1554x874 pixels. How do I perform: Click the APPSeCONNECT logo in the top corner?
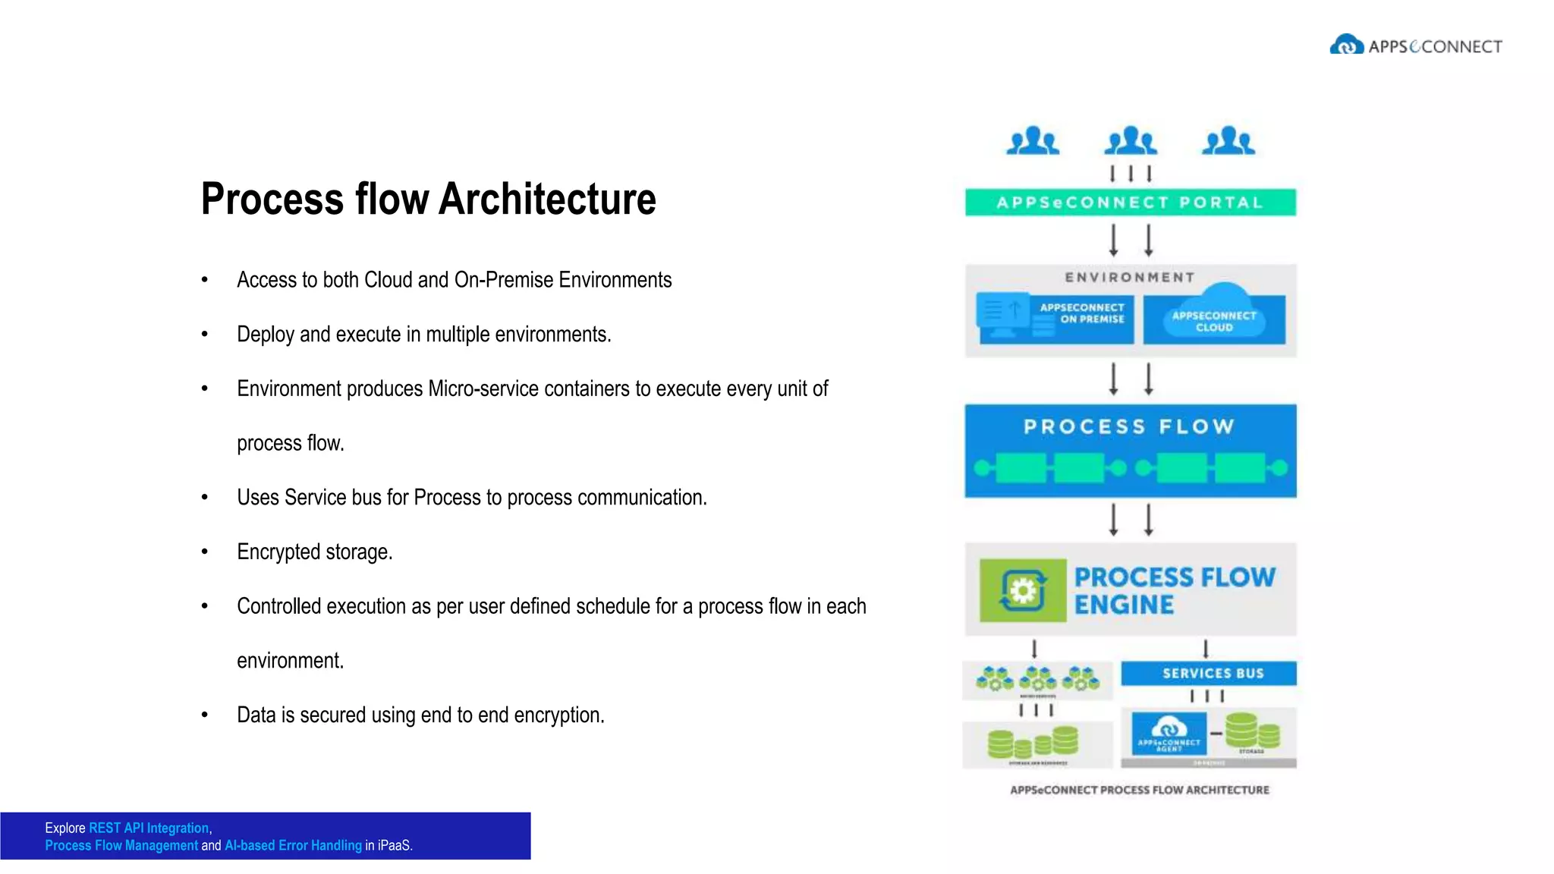1415,46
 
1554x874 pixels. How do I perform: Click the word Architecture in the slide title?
547,200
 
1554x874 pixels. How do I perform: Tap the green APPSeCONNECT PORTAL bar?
1130,203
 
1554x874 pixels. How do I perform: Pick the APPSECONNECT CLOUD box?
1214,319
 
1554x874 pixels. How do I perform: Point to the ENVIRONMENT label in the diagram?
1130,278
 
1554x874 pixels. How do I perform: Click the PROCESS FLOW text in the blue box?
1129,427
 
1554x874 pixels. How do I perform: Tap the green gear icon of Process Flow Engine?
1022,590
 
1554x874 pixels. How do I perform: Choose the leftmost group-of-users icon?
1032,141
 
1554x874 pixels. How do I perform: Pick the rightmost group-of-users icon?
1228,141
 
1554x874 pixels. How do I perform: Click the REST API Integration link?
149,828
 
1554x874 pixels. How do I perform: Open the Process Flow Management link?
121,846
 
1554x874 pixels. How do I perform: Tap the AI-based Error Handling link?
293,846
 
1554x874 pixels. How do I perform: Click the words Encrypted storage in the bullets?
314,552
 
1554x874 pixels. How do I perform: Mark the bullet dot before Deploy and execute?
204,334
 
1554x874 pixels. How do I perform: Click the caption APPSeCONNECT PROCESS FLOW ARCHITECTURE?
1139,791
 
